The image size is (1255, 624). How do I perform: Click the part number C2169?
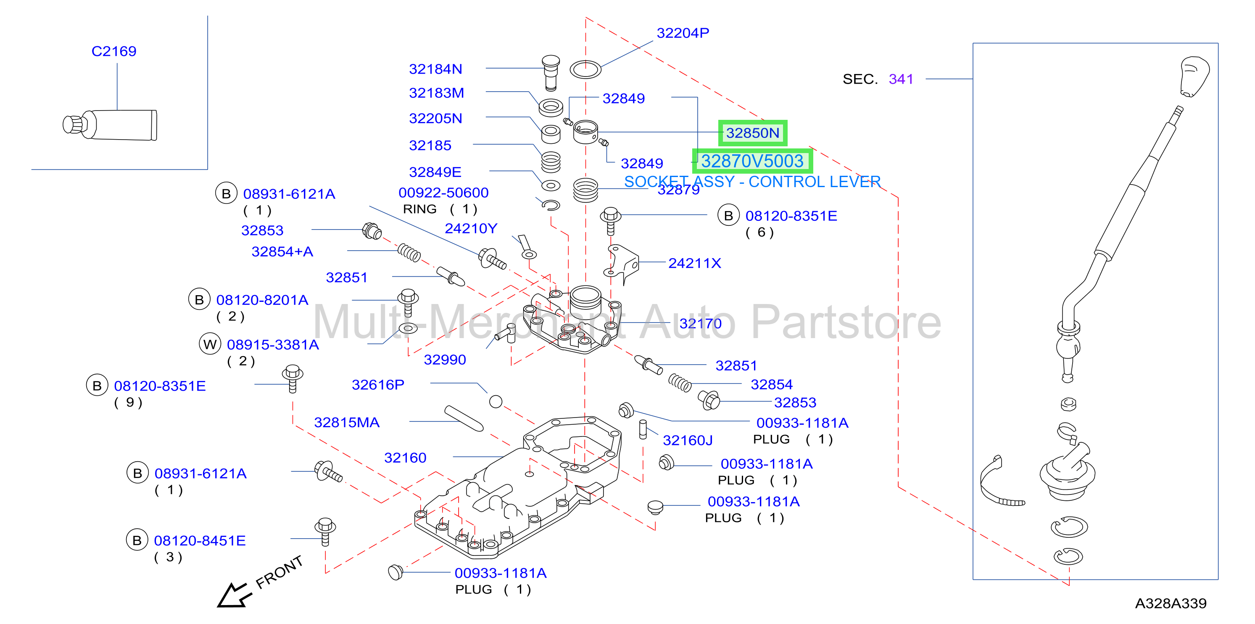114,51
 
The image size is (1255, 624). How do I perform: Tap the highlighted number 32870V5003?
752,161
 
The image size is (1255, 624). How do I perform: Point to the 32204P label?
683,33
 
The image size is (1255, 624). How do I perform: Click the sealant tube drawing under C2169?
110,125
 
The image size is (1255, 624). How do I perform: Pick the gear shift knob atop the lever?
1194,77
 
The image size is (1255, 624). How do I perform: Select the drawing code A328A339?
1171,603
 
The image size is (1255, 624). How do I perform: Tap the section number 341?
901,79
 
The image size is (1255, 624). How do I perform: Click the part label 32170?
701,323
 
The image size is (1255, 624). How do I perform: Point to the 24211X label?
694,263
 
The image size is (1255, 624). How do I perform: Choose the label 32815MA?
346,422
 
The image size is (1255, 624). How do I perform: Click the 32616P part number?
378,385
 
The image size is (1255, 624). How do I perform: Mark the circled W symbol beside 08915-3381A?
210,344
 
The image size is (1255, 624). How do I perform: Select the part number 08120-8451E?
200,541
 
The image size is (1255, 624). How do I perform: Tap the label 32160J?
688,441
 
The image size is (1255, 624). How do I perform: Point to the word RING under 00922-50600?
419,209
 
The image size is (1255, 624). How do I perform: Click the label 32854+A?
282,251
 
